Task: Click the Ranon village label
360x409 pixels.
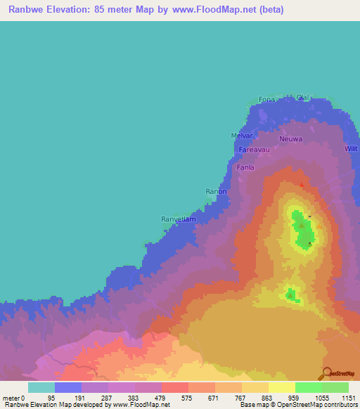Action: [215, 191]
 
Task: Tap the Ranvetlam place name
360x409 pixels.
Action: [178, 219]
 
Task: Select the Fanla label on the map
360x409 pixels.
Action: [245, 168]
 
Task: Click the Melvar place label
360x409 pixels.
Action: [240, 136]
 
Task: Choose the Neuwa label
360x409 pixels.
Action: [290, 139]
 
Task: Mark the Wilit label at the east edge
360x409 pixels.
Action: [352, 148]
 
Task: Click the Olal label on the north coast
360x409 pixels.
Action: [303, 97]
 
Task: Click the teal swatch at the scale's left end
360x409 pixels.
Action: [41, 387]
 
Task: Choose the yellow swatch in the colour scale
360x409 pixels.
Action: [282, 387]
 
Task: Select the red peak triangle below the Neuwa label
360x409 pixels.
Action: [302, 185]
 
